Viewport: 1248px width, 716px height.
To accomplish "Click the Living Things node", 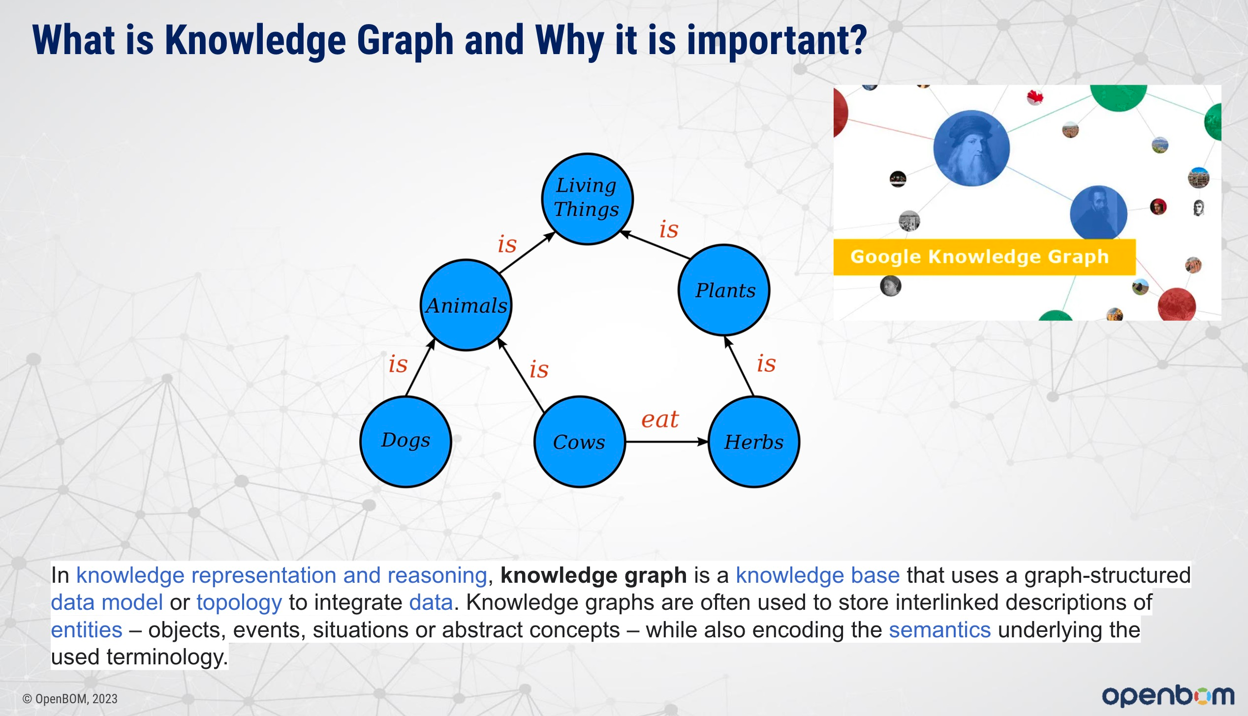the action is click(587, 199).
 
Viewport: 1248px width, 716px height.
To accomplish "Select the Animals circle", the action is click(466, 305).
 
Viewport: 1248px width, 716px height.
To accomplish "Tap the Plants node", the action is click(724, 290).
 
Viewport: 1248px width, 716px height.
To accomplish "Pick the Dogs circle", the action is click(406, 442).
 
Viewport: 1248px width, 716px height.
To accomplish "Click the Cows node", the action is click(580, 442).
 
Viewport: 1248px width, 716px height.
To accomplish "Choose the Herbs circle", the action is click(754, 442).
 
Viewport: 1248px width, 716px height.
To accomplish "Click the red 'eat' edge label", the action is click(659, 419).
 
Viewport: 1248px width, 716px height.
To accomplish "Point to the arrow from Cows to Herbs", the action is click(667, 442).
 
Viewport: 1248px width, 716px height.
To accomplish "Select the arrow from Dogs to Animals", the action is click(420, 367).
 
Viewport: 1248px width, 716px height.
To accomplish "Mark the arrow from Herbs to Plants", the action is click(739, 366).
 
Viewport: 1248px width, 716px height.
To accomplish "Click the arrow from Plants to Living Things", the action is click(655, 244).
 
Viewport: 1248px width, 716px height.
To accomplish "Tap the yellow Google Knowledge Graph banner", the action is click(984, 257).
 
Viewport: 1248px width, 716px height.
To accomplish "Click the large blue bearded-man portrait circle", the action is click(971, 148).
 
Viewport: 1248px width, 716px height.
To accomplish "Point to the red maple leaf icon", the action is click(1035, 97).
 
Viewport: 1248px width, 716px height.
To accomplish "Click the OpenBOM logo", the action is click(1168, 695).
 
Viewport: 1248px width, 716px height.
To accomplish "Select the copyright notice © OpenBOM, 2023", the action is click(70, 699).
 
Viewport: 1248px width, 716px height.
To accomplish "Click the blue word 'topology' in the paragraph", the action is click(239, 602).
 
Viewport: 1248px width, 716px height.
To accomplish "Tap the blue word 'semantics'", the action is click(939, 630).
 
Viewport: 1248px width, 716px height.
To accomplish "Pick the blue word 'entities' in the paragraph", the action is click(87, 630).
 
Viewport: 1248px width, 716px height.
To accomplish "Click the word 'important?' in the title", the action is click(777, 41).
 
